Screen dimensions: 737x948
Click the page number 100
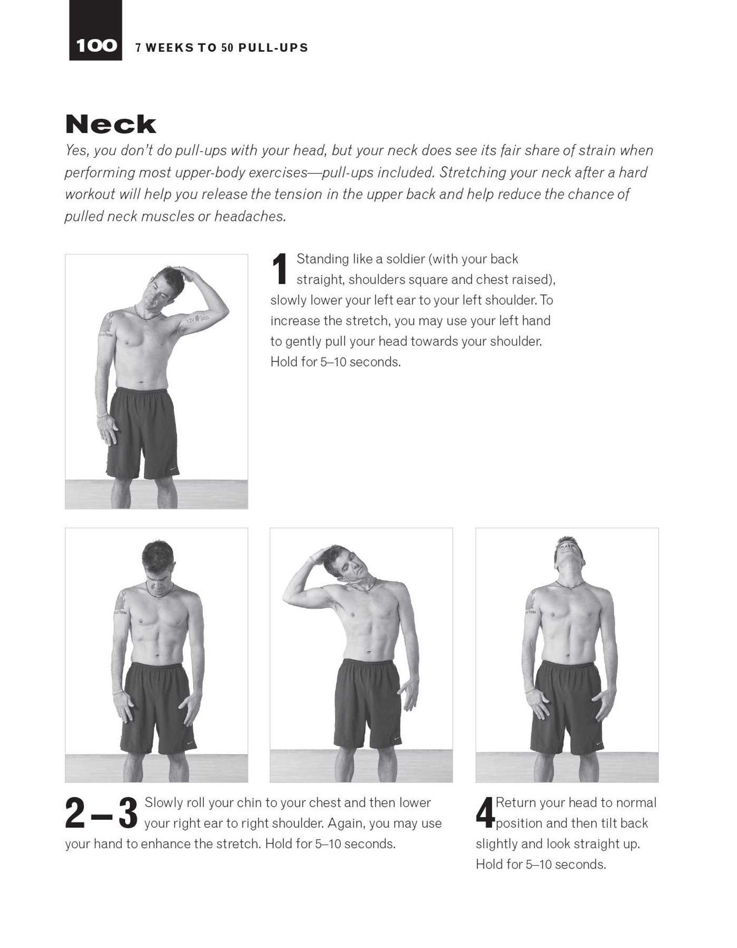tap(96, 46)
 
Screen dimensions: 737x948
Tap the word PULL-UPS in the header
tap(273, 48)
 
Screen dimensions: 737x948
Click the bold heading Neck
tap(111, 125)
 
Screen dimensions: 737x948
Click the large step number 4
tap(484, 813)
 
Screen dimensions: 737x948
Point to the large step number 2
tap(74, 813)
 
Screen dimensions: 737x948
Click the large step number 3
tap(128, 813)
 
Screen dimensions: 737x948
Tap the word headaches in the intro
tap(249, 217)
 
